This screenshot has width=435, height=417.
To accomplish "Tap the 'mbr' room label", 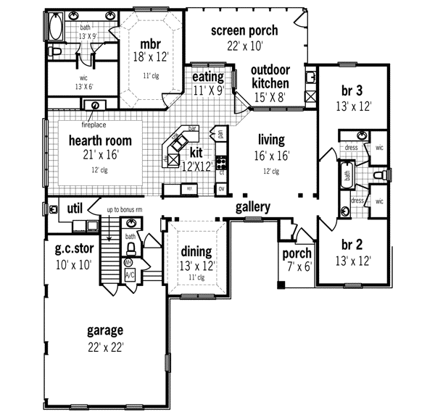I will pyautogui.click(x=150, y=43).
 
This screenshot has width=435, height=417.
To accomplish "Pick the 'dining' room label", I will pyautogui.click(x=196, y=251).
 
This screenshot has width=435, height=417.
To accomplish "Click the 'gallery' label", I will pyautogui.click(x=253, y=207).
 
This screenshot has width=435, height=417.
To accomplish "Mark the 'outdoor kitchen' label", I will pyautogui.click(x=271, y=76).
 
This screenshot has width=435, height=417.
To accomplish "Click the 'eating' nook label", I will pyautogui.click(x=208, y=77).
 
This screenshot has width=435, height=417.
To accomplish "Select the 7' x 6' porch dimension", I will pyautogui.click(x=297, y=266).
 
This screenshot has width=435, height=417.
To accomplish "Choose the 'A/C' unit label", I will pyautogui.click(x=130, y=276).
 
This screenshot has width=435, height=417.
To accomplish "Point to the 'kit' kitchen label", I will pyautogui.click(x=196, y=153).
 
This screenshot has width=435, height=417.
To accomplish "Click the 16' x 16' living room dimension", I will pyautogui.click(x=270, y=156).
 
